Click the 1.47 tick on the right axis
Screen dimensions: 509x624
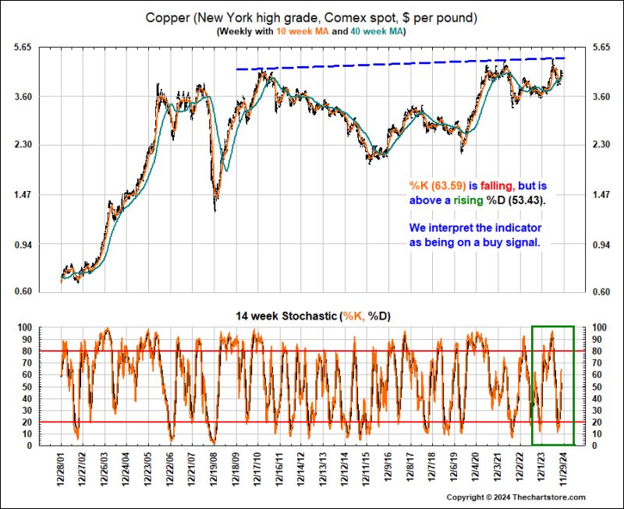604,195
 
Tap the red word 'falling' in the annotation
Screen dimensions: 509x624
497,186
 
